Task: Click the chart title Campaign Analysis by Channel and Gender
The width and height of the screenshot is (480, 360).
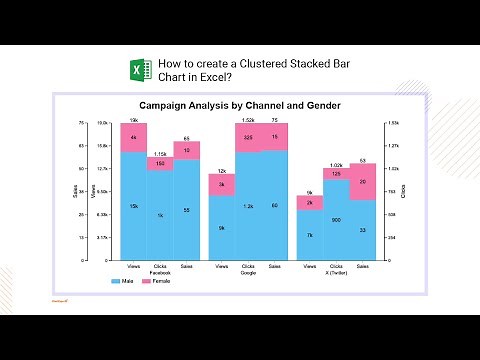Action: (x=240, y=105)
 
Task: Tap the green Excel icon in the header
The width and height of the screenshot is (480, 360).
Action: (x=140, y=72)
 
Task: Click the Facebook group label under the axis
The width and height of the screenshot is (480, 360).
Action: (x=160, y=272)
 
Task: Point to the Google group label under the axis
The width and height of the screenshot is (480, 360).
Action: (x=248, y=272)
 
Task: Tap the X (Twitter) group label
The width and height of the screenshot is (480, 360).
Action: (x=337, y=272)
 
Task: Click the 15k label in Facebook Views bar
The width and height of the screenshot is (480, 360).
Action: (x=134, y=206)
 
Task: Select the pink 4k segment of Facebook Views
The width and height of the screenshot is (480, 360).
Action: (x=134, y=137)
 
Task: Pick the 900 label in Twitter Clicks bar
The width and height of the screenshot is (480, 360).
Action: (x=337, y=219)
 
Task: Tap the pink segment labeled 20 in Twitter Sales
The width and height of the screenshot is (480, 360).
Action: (x=362, y=182)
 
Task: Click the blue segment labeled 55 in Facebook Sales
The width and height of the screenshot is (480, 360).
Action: (x=186, y=210)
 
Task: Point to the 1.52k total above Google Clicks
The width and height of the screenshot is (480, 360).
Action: (x=248, y=119)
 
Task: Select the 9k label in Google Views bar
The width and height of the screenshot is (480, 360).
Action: (x=222, y=228)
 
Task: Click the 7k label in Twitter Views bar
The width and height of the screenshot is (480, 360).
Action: (x=310, y=235)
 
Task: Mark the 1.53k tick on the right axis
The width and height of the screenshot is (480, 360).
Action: (x=393, y=123)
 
